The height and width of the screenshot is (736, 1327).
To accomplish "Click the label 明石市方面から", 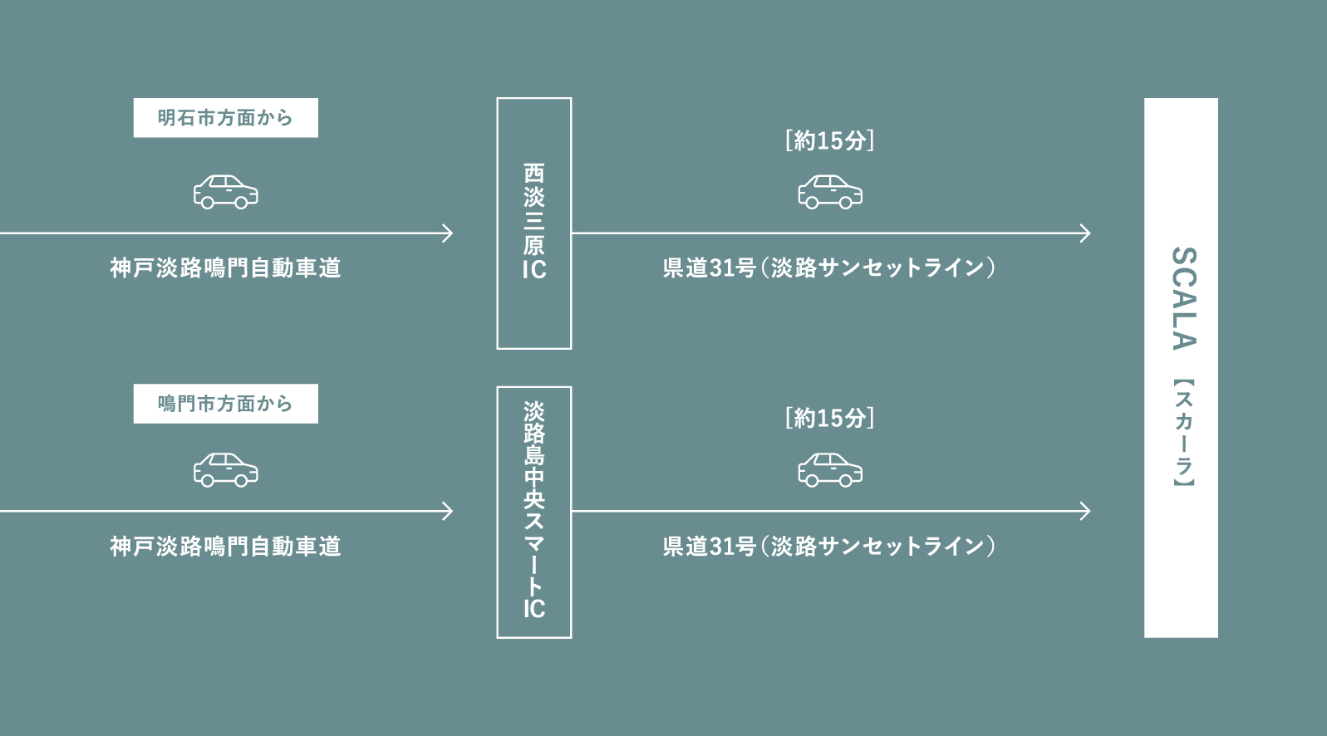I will click(x=225, y=118).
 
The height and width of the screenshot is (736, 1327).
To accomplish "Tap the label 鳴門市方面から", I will click(x=225, y=404).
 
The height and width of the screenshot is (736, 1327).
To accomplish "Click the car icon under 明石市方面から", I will click(x=225, y=192).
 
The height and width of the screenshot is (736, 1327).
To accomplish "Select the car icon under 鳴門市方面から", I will click(x=225, y=469).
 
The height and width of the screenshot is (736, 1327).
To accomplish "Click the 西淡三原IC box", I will click(x=533, y=223).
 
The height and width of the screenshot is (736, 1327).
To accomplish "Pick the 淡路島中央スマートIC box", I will click(x=533, y=512).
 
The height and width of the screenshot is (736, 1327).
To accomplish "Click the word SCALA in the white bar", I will click(x=1182, y=298).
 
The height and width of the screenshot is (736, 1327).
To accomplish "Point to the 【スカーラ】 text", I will click(x=1182, y=433).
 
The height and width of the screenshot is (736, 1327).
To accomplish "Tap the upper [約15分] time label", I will click(x=829, y=140).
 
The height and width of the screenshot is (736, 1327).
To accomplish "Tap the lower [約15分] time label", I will click(x=829, y=418).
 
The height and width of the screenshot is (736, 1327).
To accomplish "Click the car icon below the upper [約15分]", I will click(x=829, y=192).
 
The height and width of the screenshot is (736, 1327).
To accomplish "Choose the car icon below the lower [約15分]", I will click(x=829, y=469).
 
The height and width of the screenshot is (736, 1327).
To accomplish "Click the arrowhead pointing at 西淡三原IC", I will click(x=449, y=233).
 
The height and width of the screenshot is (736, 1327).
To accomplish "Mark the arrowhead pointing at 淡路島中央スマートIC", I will click(x=449, y=511).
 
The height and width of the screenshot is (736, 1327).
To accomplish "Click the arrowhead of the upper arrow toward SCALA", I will click(x=1085, y=233).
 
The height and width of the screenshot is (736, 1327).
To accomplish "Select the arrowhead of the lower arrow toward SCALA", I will click(x=1085, y=511).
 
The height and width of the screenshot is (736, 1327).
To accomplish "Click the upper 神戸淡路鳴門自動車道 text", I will click(x=225, y=267).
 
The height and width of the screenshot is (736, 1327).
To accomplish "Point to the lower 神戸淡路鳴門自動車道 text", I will click(x=225, y=546).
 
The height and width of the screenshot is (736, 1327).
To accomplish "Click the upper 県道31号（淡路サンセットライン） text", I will click(x=829, y=267).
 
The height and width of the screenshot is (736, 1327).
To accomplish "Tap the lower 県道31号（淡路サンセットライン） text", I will click(x=829, y=546).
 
